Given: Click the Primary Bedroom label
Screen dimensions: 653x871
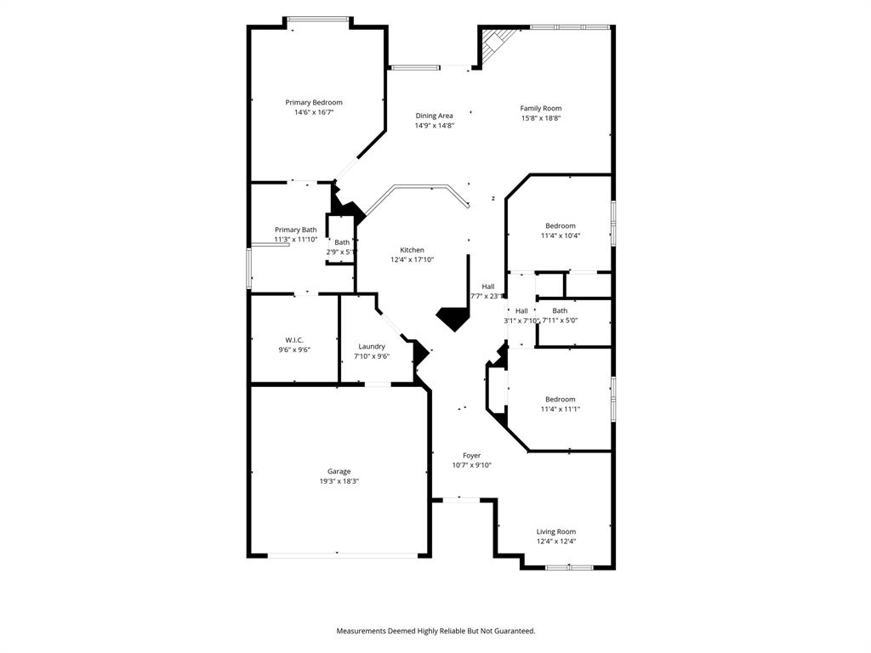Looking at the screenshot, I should click(313, 102).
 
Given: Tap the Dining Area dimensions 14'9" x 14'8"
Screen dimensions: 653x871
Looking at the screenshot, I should click(434, 126).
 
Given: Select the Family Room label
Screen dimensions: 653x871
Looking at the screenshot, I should click(541, 108).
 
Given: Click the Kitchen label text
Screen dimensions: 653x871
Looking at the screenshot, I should click(412, 250).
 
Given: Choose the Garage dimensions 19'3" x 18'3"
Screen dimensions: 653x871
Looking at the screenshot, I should click(339, 481).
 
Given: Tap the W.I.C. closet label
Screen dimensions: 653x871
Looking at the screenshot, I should click(294, 340).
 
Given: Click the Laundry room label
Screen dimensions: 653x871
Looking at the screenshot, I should click(371, 346).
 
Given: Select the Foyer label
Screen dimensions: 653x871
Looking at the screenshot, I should click(471, 456).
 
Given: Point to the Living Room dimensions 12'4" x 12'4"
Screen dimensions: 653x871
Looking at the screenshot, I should click(555, 542).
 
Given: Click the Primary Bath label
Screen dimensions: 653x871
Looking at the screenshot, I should click(295, 230).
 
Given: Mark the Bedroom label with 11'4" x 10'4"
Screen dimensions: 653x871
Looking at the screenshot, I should click(560, 225).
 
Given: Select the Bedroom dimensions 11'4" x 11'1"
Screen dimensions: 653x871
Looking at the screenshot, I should click(560, 409).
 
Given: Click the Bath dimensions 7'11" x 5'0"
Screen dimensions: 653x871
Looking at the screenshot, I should click(560, 321).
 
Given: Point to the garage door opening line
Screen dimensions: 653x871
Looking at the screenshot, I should click(343, 556).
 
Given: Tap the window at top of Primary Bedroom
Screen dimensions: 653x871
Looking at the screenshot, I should click(317, 19).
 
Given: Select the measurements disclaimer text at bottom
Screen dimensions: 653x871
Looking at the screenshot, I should click(435, 631).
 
